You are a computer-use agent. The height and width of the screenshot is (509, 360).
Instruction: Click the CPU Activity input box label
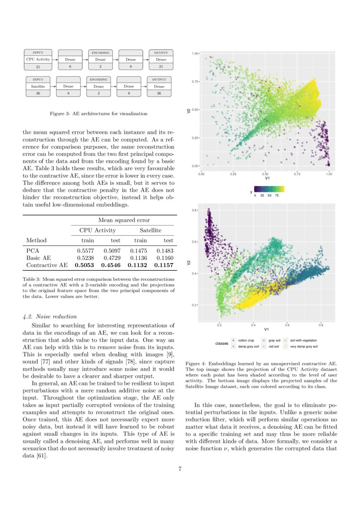click(38, 59)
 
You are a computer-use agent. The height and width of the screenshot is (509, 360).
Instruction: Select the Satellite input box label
click(38, 87)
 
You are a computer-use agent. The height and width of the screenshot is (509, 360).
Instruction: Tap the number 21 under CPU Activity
click(38, 67)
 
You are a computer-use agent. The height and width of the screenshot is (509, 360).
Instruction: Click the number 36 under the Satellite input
click(38, 94)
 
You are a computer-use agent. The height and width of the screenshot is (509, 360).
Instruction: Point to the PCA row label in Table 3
click(32, 251)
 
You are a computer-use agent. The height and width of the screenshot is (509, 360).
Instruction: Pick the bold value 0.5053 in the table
click(85, 265)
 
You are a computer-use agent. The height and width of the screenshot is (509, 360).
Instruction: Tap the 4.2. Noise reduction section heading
click(50, 317)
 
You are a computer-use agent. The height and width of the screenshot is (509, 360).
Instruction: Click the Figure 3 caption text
click(98, 114)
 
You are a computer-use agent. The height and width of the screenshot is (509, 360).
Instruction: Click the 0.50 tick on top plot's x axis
click(265, 174)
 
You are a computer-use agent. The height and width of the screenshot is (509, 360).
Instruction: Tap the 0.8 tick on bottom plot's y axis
click(195, 210)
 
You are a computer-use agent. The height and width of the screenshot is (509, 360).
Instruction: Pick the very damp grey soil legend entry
click(303, 347)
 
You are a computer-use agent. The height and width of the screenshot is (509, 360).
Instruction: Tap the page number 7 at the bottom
click(180, 469)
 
